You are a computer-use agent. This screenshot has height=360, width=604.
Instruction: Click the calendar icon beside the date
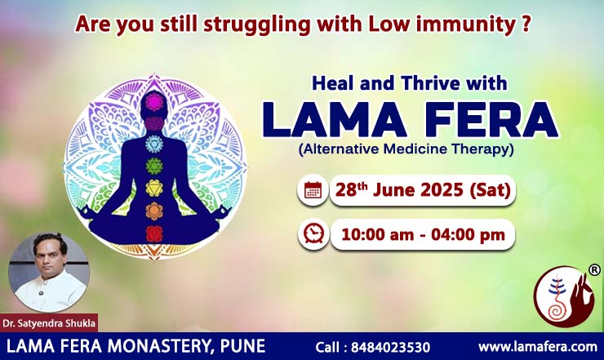(x=313, y=190)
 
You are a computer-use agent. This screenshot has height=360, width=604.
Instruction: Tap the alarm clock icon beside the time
(x=313, y=234)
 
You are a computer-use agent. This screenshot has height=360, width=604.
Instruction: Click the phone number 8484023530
(x=390, y=347)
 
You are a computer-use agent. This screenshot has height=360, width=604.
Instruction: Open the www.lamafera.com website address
(x=538, y=346)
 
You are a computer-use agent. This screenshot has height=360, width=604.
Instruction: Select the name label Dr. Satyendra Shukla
(x=49, y=323)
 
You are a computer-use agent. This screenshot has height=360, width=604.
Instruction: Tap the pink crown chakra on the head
(x=154, y=102)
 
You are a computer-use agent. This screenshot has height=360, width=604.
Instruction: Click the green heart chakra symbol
(x=154, y=166)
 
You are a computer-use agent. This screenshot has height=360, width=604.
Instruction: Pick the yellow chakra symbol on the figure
(x=154, y=188)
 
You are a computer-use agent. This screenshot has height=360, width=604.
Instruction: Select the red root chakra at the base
(x=154, y=233)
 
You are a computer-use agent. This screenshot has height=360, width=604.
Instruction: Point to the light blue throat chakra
(x=154, y=144)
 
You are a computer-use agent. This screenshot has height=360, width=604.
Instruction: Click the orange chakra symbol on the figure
(x=154, y=211)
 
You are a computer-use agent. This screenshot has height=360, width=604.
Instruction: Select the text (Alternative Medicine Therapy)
(x=406, y=149)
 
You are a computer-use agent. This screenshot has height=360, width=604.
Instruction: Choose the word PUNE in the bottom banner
(x=242, y=346)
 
